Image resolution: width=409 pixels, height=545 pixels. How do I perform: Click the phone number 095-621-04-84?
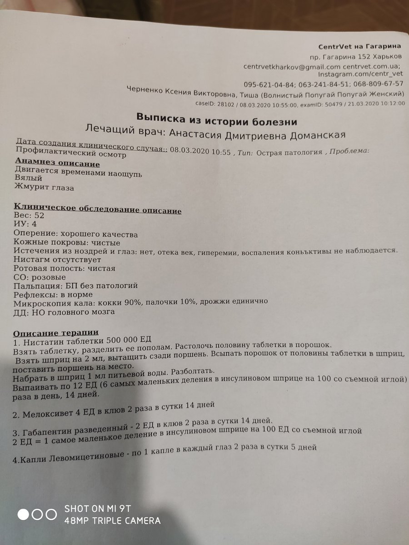point(269,84)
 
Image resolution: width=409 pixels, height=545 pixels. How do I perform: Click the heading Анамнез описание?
point(58,164)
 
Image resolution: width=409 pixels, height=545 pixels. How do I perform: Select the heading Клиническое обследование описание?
point(98,211)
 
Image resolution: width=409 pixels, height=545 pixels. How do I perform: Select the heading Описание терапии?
point(56,333)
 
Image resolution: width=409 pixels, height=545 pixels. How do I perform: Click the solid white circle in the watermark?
point(24,515)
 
